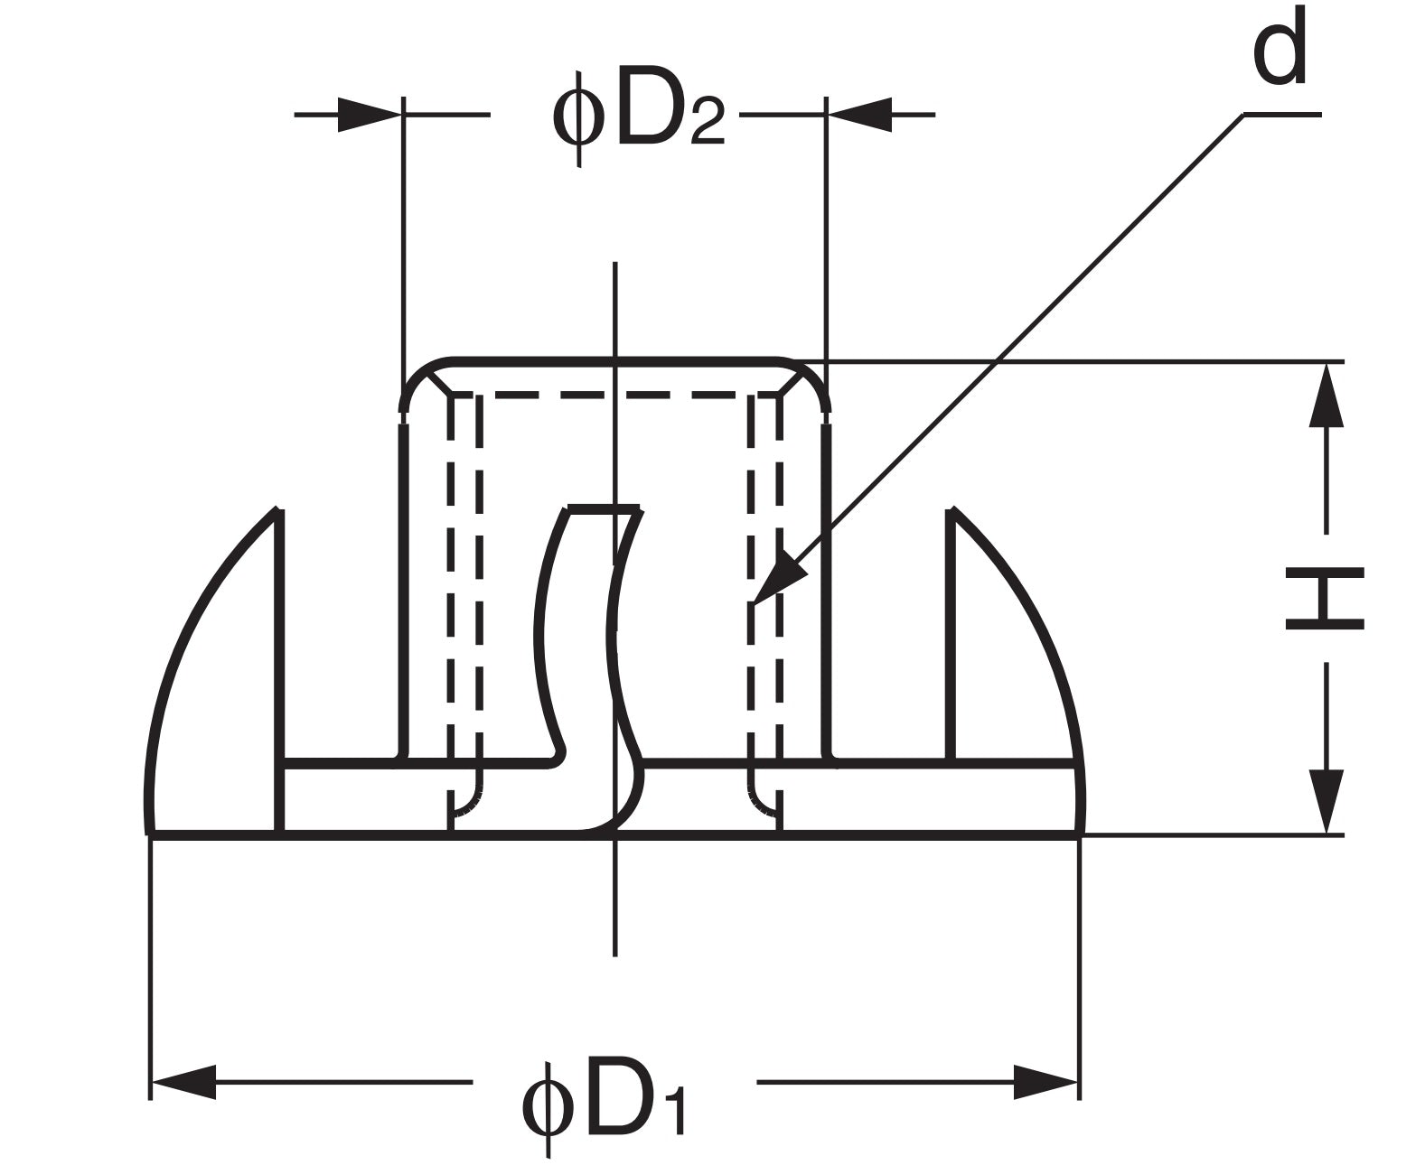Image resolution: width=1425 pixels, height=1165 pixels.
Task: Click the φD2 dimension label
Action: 637,117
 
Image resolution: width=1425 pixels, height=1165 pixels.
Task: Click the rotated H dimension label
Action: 1325,598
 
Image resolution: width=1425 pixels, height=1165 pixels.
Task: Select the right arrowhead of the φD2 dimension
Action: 858,115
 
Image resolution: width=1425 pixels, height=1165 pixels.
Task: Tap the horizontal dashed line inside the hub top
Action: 614,396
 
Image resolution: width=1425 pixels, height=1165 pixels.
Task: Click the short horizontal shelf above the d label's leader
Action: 1282,115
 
